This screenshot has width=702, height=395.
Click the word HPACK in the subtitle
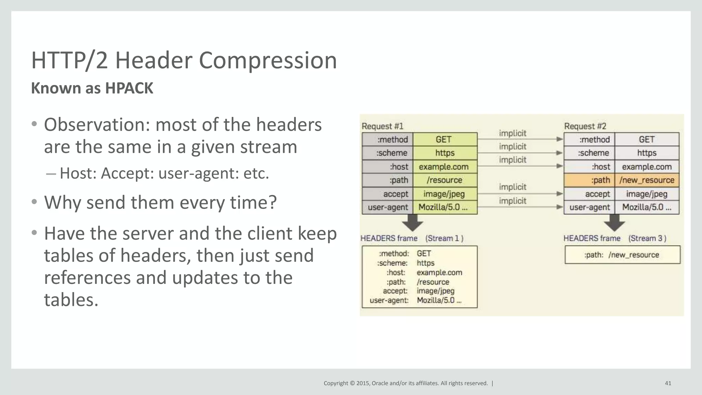[x=129, y=88]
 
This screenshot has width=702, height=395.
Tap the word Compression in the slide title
[x=268, y=60]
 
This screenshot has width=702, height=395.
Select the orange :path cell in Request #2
[x=589, y=180]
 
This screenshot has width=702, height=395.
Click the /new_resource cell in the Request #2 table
[x=647, y=180]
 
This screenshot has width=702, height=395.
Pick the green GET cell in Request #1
[x=445, y=140]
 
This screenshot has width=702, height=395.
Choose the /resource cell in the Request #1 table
[x=445, y=180]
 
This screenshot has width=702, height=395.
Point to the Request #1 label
[x=383, y=126]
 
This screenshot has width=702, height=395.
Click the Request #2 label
[x=585, y=126]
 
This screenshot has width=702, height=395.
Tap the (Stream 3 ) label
[x=647, y=238]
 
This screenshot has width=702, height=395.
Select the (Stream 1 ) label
[x=444, y=238]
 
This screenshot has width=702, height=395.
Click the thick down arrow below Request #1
[x=412, y=223]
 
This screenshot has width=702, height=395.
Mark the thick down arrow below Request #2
[x=614, y=223]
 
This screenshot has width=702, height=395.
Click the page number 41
[x=668, y=383]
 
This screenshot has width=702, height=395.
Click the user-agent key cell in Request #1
[x=388, y=207]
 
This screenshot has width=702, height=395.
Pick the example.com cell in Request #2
[x=647, y=167]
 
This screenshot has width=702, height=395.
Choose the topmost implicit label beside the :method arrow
[x=512, y=133]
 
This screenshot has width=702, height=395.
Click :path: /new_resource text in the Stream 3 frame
[x=622, y=255]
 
